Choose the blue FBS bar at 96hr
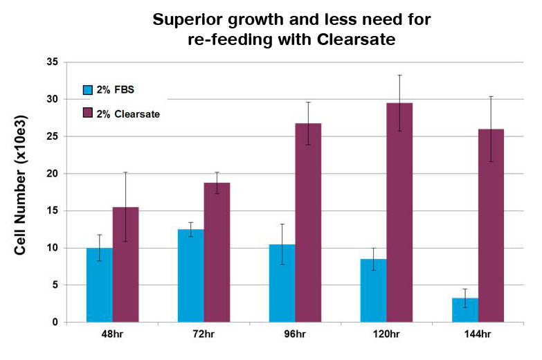tap(282, 283)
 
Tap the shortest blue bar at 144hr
tap(465, 310)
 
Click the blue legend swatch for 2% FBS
tap(88, 90)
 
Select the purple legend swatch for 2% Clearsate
tap(88, 113)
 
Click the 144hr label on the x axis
tap(478, 335)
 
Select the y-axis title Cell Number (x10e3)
tap(21, 183)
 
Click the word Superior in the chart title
tap(194, 19)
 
